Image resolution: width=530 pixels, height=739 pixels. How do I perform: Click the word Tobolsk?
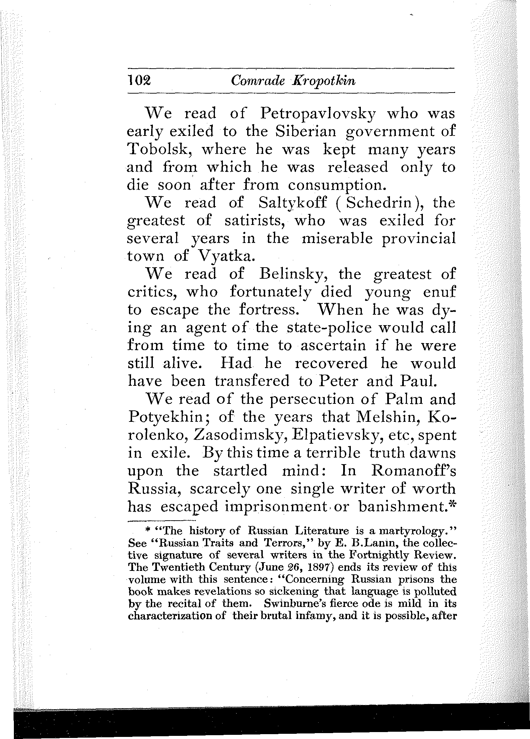(x=160, y=150)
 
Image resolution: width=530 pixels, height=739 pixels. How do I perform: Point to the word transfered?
(x=252, y=381)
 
